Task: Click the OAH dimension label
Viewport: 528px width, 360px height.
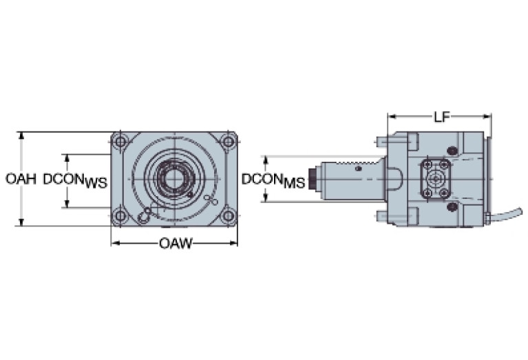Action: [x=21, y=179]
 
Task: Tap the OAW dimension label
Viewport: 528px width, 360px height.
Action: [x=175, y=243]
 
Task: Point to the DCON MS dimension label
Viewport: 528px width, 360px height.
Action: [x=273, y=180]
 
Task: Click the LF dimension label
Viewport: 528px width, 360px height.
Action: [x=441, y=117]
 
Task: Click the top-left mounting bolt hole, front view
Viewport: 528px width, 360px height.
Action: [x=121, y=142]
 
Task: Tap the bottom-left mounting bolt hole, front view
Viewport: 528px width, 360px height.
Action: [x=121, y=215]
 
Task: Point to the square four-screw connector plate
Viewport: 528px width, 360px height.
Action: [x=434, y=178]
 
